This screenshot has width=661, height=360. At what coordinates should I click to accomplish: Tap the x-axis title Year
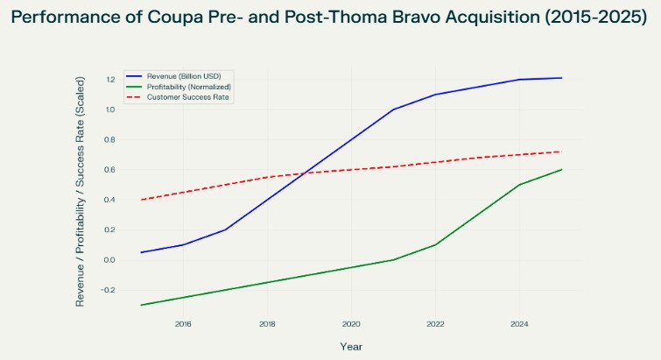tap(351, 346)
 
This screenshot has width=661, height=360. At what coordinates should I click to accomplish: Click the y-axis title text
tap(81, 188)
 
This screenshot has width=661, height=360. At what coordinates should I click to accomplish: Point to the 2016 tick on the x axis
tap(183, 323)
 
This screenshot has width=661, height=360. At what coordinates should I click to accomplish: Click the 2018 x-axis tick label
tap(267, 323)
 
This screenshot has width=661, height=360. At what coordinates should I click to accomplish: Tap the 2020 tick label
tap(351, 323)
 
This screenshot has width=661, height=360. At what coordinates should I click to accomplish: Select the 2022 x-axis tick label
tap(435, 323)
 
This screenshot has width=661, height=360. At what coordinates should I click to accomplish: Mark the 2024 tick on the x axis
tap(519, 323)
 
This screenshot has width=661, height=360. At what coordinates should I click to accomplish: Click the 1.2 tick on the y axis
tap(110, 80)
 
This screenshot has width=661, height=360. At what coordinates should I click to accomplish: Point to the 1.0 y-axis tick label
tap(110, 109)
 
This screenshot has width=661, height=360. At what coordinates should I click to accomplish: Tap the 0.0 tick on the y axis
tap(110, 260)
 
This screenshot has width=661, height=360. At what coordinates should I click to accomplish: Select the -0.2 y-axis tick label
tap(109, 290)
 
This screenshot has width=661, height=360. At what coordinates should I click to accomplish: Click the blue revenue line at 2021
tap(394, 109)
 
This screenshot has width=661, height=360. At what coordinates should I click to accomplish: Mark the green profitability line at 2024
tap(520, 185)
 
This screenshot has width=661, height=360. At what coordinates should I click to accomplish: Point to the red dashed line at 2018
tap(268, 177)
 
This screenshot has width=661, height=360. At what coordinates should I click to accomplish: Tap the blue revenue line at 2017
tap(226, 229)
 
